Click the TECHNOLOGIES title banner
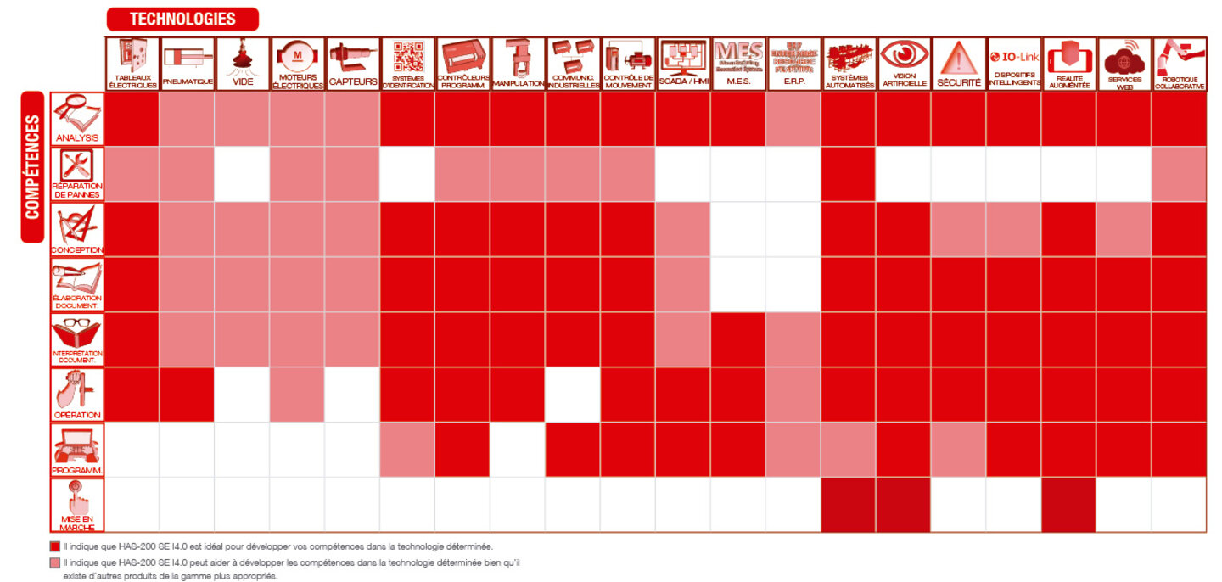pyautogui.click(x=182, y=19)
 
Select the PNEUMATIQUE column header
pyautogui.click(x=187, y=64)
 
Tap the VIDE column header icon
pyautogui.click(x=242, y=58)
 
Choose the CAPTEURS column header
pyautogui.click(x=352, y=64)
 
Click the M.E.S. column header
pyautogui.click(x=738, y=64)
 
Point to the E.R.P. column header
pyautogui.click(x=793, y=64)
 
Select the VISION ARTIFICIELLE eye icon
pyautogui.click(x=904, y=56)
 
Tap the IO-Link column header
pyautogui.click(x=1014, y=64)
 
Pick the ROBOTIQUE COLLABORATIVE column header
pyautogui.click(x=1180, y=64)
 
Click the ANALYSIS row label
pyautogui.click(x=77, y=119)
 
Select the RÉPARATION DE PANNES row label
pyautogui.click(x=77, y=174)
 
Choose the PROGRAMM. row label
pyautogui.click(x=77, y=450)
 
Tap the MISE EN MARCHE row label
pyautogui.click(x=77, y=505)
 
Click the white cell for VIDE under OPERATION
pyautogui.click(x=242, y=395)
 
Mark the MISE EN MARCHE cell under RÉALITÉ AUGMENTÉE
pyautogui.click(x=1069, y=505)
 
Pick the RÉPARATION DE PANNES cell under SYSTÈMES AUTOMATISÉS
pyautogui.click(x=849, y=174)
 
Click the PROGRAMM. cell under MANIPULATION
pyautogui.click(x=518, y=450)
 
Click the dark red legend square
pyautogui.click(x=56, y=547)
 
